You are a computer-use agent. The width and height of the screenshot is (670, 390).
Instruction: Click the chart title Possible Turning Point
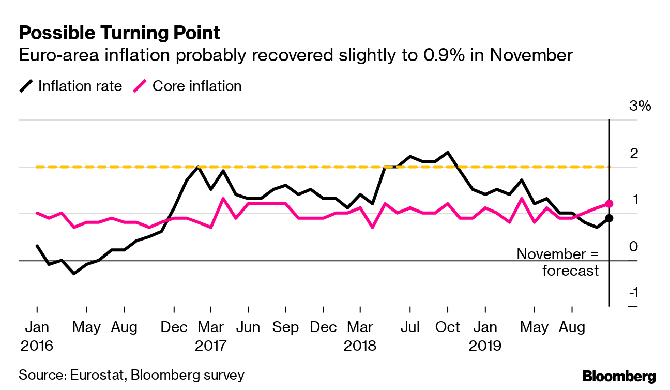119,33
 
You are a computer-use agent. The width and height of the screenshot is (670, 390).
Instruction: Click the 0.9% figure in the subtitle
446,55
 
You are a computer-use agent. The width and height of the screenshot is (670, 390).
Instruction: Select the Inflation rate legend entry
71,86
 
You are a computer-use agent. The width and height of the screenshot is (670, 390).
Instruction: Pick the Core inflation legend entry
188,86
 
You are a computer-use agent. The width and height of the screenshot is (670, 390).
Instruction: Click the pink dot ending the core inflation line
609,204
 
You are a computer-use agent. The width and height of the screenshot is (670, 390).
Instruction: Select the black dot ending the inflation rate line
609,218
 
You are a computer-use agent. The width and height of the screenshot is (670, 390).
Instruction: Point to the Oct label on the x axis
447,327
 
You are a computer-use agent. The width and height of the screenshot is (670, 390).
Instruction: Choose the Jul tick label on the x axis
410,327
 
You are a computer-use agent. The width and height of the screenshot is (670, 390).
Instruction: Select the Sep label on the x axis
286,327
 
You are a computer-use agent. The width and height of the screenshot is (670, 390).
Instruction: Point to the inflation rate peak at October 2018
447,152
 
